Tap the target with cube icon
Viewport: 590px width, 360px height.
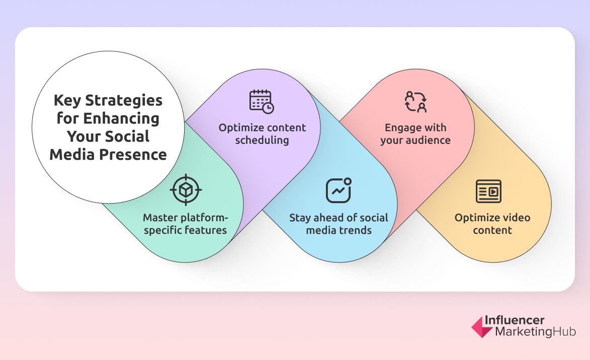pyautogui.click(x=186, y=190)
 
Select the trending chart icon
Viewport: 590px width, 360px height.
pyautogui.click(x=339, y=190)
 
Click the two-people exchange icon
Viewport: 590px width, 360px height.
pyautogui.click(x=415, y=102)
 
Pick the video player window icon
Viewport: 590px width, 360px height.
pyautogui.click(x=488, y=191)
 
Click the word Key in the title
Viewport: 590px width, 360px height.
pyautogui.click(x=67, y=101)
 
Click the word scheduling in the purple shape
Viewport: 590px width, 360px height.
pyautogui.click(x=262, y=140)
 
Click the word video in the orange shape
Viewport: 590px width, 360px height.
pyautogui.click(x=515, y=218)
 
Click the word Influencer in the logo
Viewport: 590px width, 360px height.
pyautogui.click(x=514, y=320)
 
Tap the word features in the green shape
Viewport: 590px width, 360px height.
pyautogui.click(x=205, y=230)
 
